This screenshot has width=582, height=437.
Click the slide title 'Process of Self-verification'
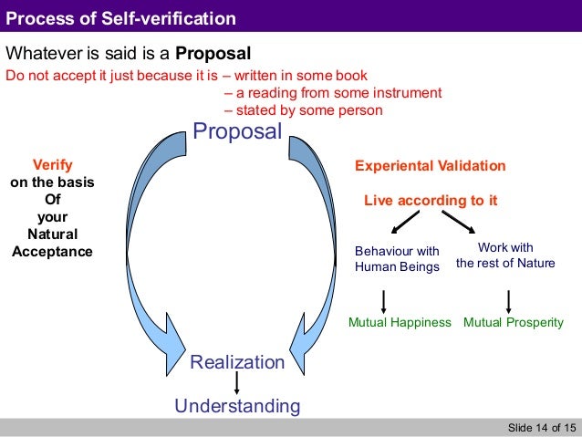coord(121,18)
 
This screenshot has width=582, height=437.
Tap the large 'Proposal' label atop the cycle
coord(237,131)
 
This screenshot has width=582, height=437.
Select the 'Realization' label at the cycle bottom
coord(237,362)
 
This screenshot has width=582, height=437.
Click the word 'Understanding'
coord(237,405)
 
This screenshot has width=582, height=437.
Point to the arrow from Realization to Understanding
coord(237,383)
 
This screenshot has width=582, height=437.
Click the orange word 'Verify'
coord(52,165)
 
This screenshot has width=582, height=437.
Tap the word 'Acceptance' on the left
coord(52,251)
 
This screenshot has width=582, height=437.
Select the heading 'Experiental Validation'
coord(429,166)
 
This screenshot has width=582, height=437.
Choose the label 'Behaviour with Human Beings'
coord(397,258)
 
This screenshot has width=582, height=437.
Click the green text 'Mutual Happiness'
coord(400,322)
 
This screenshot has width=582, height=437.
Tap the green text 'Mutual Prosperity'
coord(514,322)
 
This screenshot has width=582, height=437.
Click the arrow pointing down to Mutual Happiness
coord(384,300)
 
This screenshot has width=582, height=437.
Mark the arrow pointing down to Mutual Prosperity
coord(508,300)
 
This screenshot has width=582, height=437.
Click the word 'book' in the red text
coord(352,76)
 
